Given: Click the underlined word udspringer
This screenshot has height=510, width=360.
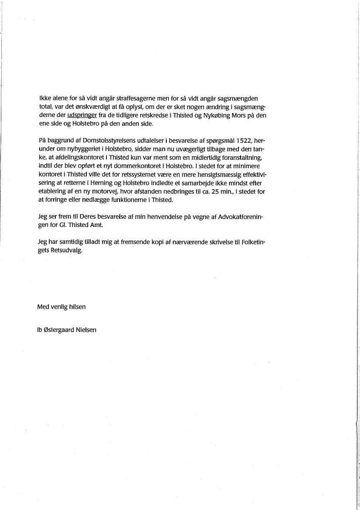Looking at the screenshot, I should pos(82,116).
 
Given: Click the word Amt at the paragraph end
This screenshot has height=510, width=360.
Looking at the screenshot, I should pos(94,225).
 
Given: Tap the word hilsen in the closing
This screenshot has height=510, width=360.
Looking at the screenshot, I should pos(77,307).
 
